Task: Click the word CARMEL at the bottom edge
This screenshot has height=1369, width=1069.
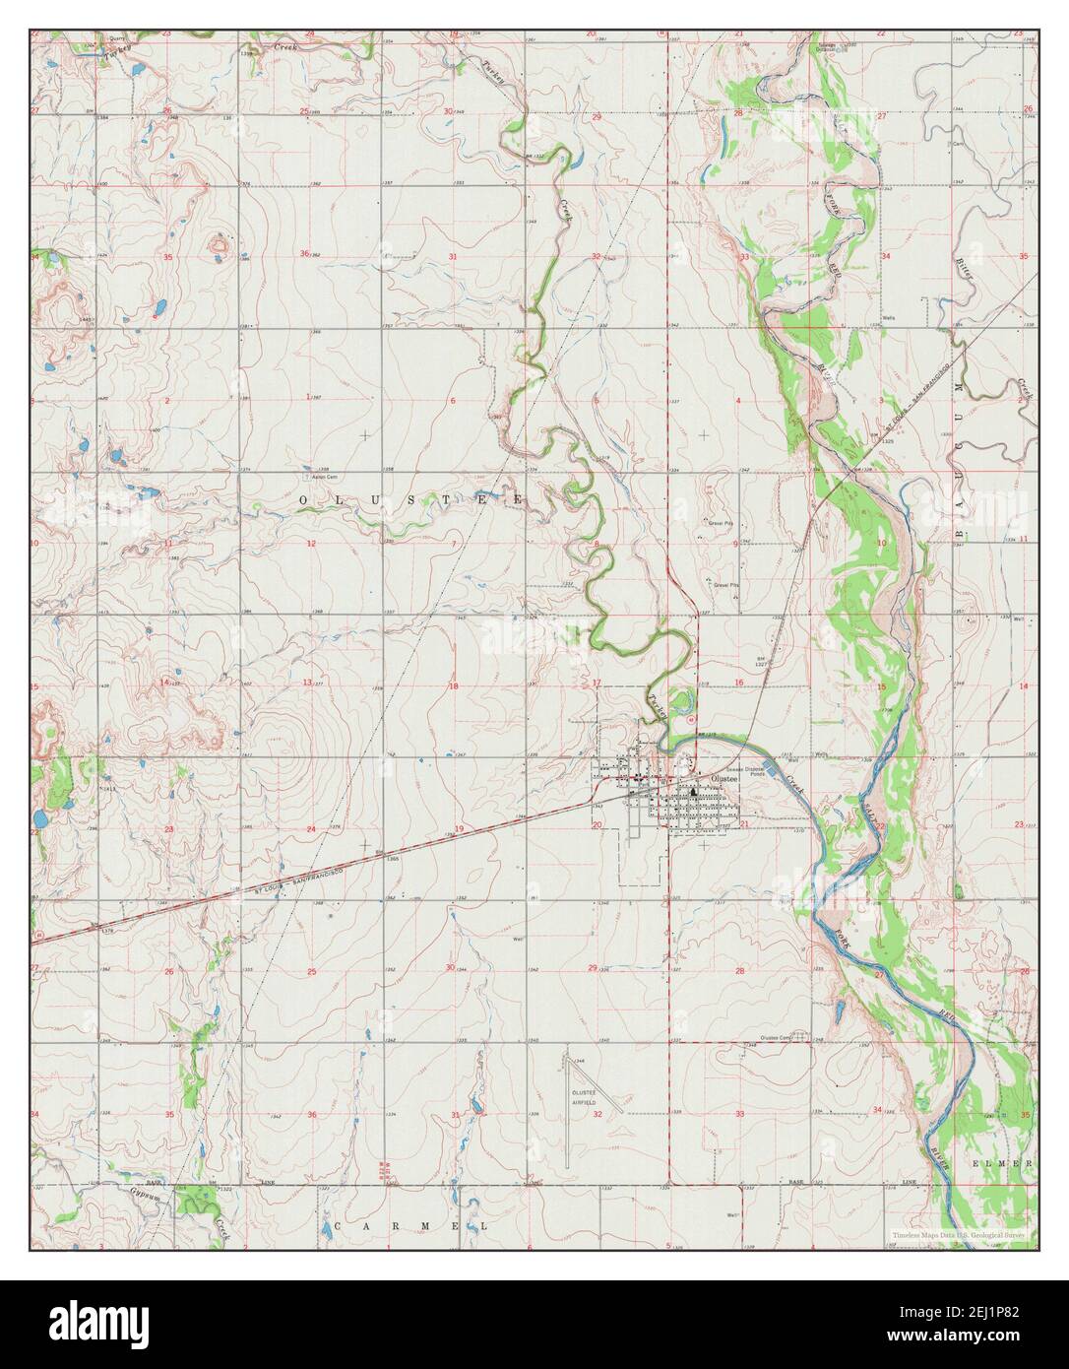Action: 410,1226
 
